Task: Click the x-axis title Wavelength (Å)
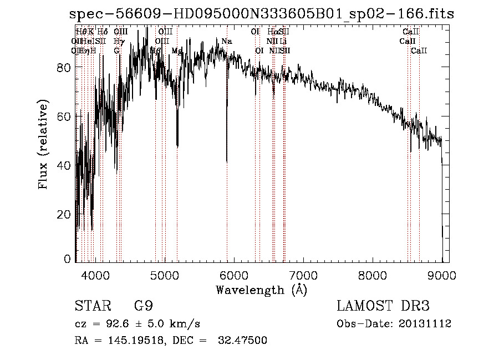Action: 261,290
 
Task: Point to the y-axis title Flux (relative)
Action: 43,145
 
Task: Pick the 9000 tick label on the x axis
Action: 442,275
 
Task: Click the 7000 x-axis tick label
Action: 303,275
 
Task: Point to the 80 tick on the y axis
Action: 64,67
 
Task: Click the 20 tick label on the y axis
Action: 64,214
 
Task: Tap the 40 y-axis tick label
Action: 64,165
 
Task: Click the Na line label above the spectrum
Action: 227,42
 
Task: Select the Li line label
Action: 283,42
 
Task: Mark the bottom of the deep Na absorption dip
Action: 227,161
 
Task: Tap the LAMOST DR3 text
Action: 383,306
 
